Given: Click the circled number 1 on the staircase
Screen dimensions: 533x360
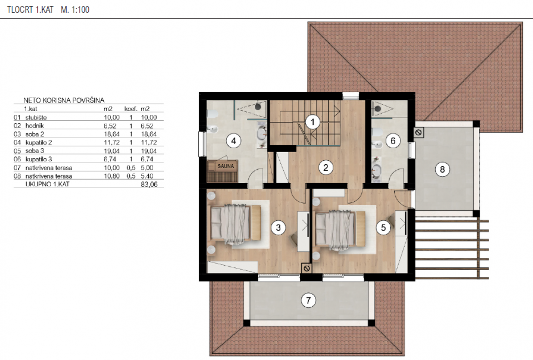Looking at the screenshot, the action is pyautogui.click(x=313, y=121).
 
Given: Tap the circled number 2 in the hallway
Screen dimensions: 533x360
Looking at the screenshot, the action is pyautogui.click(x=326, y=168).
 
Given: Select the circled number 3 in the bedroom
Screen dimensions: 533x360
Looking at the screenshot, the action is pyautogui.click(x=278, y=227).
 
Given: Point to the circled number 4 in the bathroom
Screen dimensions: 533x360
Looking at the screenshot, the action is pyautogui.click(x=234, y=140).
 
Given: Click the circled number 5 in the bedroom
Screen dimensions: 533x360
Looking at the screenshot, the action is pyautogui.click(x=384, y=227).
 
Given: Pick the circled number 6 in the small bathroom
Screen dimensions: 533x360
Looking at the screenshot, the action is pyautogui.click(x=393, y=140).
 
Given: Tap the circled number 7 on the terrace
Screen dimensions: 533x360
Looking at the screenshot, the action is pyautogui.click(x=308, y=300).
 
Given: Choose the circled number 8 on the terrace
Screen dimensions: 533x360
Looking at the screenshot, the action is pyautogui.click(x=443, y=169).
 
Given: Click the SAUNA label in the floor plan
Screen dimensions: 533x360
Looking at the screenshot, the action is pyautogui.click(x=226, y=166).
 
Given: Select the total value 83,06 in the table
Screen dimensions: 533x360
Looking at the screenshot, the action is pyautogui.click(x=149, y=184).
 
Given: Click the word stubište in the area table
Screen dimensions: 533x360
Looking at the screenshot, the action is pyautogui.click(x=36, y=117).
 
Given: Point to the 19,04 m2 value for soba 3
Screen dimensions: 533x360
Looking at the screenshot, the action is pyautogui.click(x=112, y=151).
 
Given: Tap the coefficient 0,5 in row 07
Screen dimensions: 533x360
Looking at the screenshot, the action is pyautogui.click(x=131, y=168).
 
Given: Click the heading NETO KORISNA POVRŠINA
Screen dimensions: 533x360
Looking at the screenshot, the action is pyautogui.click(x=64, y=100).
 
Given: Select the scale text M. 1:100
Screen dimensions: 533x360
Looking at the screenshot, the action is pyautogui.click(x=75, y=9).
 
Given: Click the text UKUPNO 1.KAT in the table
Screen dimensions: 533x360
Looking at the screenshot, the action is pyautogui.click(x=47, y=184).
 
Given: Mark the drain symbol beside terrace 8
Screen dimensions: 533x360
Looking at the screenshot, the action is pyautogui.click(x=419, y=133).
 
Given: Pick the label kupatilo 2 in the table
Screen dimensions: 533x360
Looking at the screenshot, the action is pyautogui.click(x=38, y=143).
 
